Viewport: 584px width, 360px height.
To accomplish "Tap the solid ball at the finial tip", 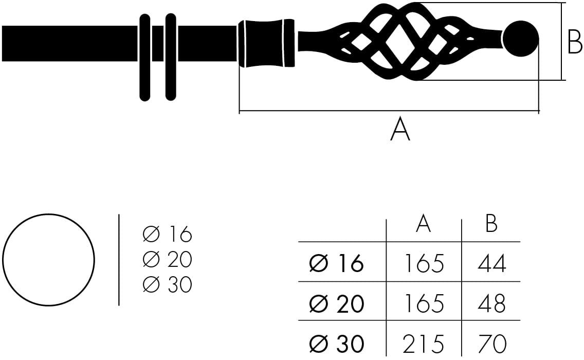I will [520, 39].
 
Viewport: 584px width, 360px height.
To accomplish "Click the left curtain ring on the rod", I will [145, 57].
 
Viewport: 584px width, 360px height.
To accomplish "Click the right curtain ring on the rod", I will [171, 57].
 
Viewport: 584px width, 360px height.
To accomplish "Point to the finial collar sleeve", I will [266, 43].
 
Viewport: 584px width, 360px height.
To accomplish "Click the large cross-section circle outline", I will [48, 259].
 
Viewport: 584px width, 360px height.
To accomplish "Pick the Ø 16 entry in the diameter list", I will [167, 235].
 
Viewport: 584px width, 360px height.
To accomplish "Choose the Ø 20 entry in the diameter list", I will [167, 260].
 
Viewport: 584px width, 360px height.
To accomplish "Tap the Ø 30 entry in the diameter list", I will [167, 284].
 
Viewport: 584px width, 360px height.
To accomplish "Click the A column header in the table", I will [423, 224].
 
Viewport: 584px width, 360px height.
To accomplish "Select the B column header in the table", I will [491, 224].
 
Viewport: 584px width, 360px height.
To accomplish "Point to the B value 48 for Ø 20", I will [492, 304].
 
